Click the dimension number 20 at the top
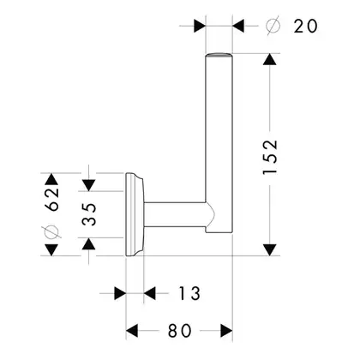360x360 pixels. tap(305, 26)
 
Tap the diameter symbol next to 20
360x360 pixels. tap(273, 26)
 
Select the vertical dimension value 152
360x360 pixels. tap(270, 157)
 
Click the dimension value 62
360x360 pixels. tap(53, 200)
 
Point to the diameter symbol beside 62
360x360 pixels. tap(51, 231)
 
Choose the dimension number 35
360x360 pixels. tap(89, 214)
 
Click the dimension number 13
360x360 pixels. tap(189, 293)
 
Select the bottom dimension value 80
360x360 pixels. tap(179, 331)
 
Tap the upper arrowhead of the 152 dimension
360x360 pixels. tap(270, 59)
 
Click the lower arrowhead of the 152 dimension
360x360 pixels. tap(270, 249)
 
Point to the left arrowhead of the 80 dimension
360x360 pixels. tap(132, 331)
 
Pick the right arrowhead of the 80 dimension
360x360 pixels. tap(226, 331)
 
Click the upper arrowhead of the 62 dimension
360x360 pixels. tap(51, 179)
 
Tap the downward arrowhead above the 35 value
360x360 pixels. tap(89, 185)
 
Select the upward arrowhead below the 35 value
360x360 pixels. tap(89, 243)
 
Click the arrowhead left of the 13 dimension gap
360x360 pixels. tap(120, 293)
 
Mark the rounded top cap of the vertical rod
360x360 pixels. tap(219, 55)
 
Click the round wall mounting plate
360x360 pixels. tap(135, 214)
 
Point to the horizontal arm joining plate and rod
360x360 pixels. tap(175, 214)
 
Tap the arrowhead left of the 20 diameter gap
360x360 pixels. tap(200, 26)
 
